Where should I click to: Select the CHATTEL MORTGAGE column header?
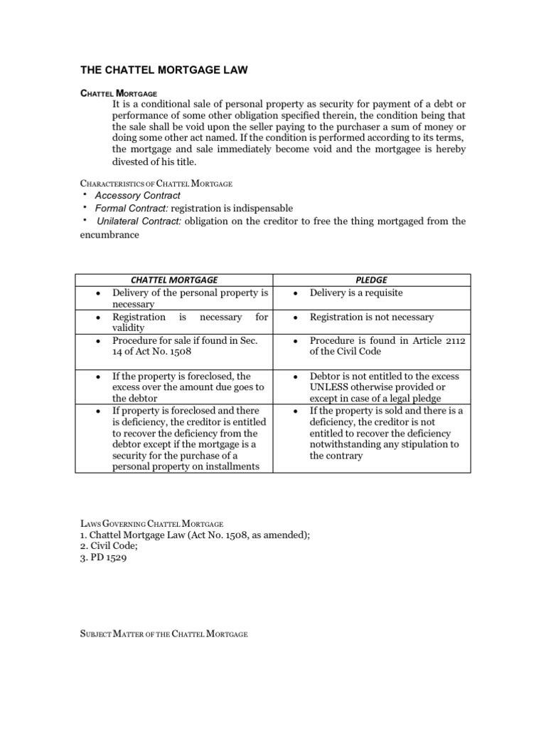tap(173, 280)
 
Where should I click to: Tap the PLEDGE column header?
tap(372, 280)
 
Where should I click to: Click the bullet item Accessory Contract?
tap(137, 195)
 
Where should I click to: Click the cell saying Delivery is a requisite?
tap(356, 293)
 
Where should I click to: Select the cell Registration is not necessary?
tap(371, 317)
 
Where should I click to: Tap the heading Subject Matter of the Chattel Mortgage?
tap(163, 634)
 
